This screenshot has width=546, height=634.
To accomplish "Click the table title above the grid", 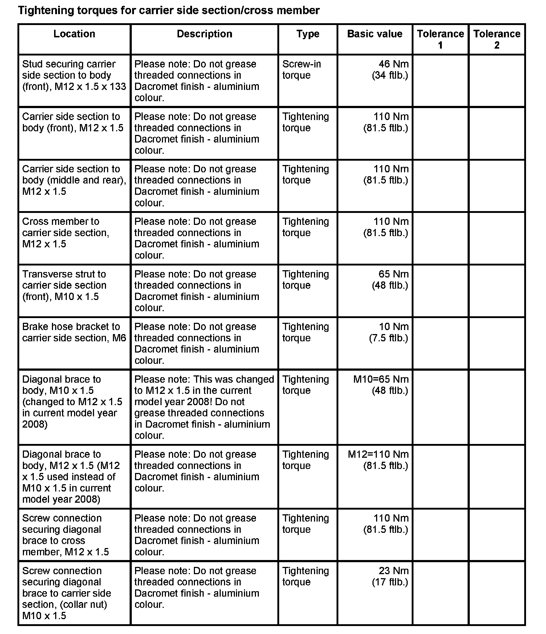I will [x=169, y=10].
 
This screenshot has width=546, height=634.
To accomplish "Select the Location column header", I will [x=74, y=34].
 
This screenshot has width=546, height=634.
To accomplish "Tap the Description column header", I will [x=204, y=34].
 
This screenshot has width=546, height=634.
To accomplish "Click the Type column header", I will [x=307, y=34].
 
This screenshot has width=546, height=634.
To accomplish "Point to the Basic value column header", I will [x=375, y=34].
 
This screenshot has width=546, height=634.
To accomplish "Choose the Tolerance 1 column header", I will [x=440, y=39].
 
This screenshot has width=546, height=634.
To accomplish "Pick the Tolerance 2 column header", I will [x=497, y=39].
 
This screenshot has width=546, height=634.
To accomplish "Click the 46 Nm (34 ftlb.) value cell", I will [x=390, y=70].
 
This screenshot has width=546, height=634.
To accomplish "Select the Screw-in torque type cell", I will [x=301, y=70].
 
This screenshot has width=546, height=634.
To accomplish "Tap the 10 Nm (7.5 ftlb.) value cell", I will [x=389, y=332].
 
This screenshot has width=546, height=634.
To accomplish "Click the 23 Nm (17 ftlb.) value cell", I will [x=390, y=576].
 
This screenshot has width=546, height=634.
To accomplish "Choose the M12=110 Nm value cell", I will [x=378, y=460].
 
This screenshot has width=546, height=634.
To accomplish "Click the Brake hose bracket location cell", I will [x=74, y=332].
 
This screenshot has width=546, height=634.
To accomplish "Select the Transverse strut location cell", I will [x=64, y=285].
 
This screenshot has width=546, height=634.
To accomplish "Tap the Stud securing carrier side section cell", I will [x=74, y=75].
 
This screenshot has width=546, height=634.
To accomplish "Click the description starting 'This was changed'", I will [x=204, y=407].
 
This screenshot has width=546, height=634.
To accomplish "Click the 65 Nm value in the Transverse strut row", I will [x=390, y=280].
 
